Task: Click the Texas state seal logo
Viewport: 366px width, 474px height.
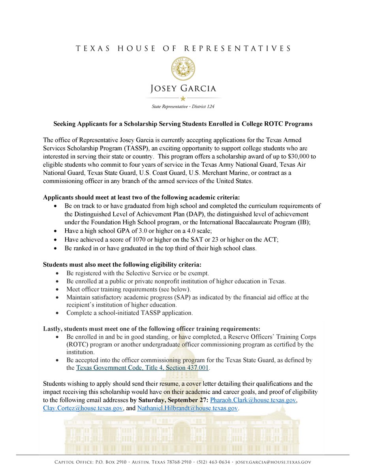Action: (183, 69)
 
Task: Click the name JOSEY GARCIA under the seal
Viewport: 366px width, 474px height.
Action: (183, 88)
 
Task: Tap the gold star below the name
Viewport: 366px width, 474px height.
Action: (183, 98)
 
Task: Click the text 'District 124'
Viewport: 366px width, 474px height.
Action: (202, 106)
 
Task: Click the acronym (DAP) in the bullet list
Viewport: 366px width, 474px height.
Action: (196, 214)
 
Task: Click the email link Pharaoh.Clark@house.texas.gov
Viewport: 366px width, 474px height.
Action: (253, 400)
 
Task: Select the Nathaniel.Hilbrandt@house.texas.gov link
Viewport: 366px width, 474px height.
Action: (188, 408)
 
